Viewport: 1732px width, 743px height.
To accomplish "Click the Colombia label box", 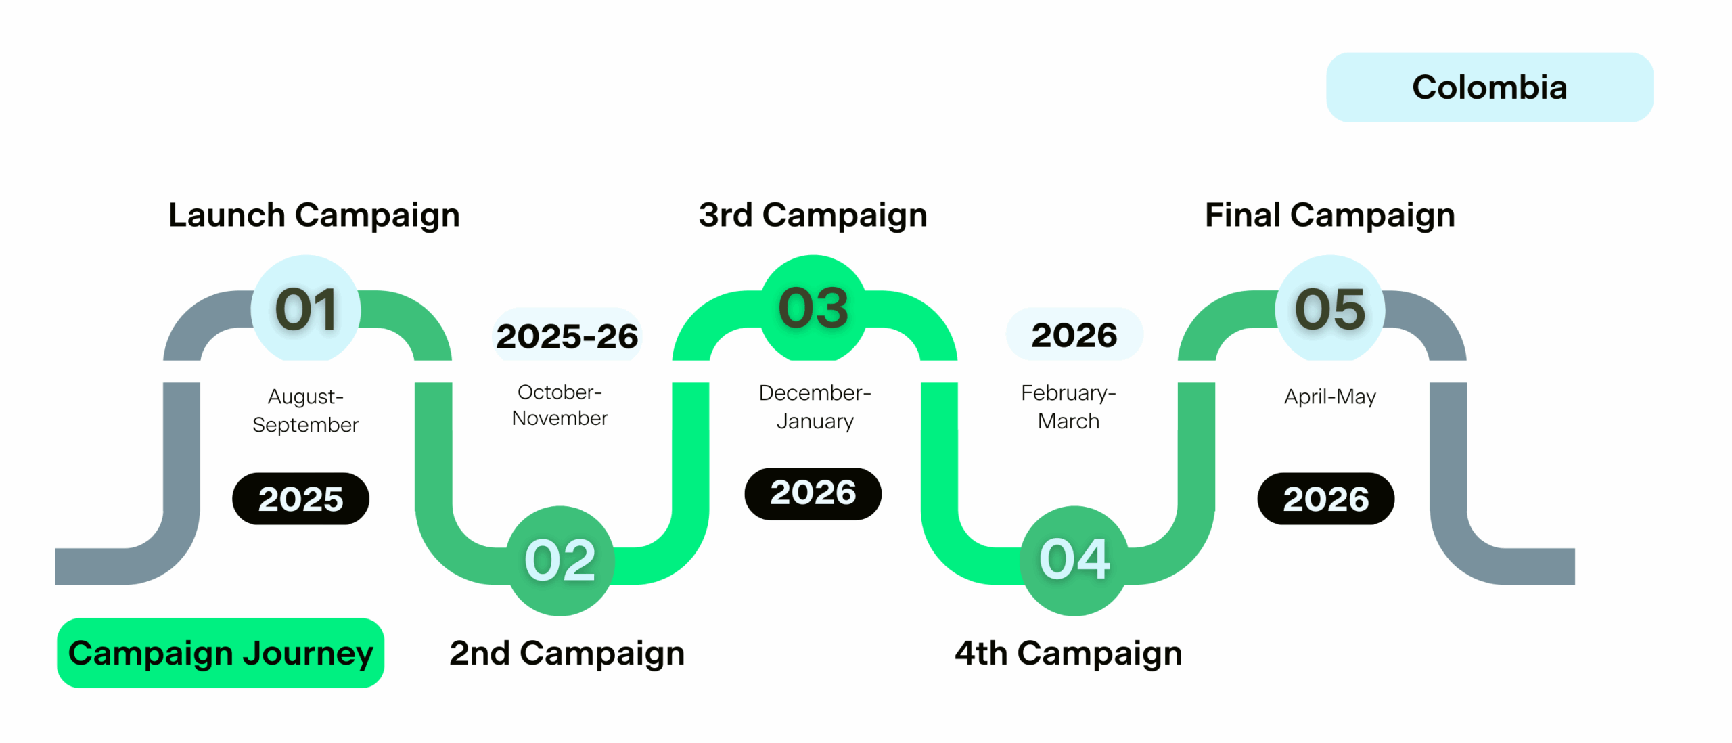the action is [x=1489, y=87].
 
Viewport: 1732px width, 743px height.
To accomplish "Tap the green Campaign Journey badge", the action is [x=221, y=653].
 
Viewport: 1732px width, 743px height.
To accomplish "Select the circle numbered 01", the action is [x=306, y=309].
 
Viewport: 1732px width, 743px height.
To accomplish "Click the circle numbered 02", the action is [x=560, y=560].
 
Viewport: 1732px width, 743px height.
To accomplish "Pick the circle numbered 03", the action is [x=813, y=309].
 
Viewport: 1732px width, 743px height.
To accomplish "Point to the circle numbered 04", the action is [x=1074, y=560].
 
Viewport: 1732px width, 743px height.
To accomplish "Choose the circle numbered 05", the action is [x=1330, y=309].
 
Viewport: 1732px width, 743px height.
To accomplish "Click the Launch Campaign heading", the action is [x=314, y=216].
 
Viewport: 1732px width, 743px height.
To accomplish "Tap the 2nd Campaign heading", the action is [x=567, y=654].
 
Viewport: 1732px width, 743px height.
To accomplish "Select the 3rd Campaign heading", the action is [x=813, y=216].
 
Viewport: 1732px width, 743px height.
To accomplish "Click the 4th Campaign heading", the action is [x=1068, y=654].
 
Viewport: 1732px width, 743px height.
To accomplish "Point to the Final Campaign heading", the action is [x=1330, y=216].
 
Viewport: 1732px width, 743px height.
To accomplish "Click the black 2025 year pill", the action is [x=300, y=499].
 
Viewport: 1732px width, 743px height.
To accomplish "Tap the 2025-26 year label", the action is [x=567, y=336].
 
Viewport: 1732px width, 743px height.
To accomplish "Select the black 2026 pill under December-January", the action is [x=813, y=493].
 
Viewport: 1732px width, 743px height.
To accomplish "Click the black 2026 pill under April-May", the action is [x=1326, y=499].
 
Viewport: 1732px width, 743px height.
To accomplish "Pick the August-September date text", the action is [x=306, y=410].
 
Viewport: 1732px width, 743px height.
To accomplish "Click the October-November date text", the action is [x=560, y=405].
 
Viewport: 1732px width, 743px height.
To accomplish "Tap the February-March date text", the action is [x=1069, y=407].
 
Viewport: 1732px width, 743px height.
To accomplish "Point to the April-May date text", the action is [x=1330, y=397].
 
